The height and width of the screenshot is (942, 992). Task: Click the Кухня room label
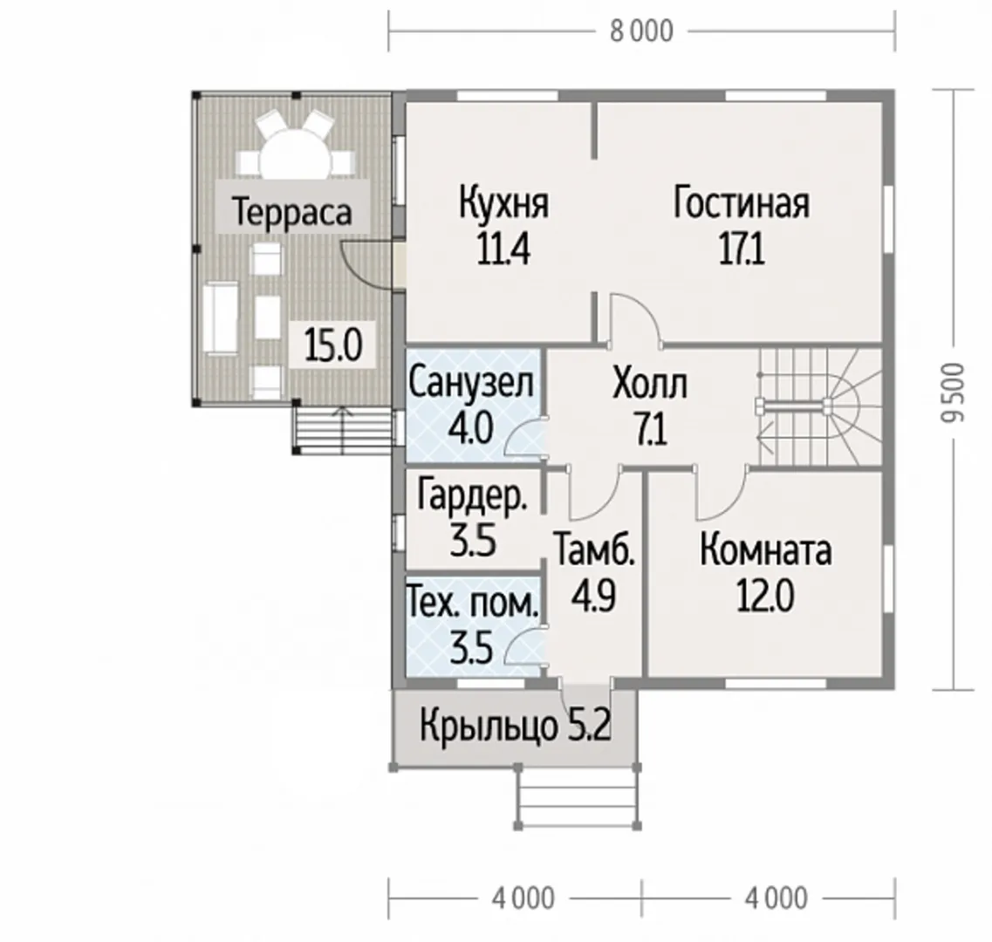(503, 203)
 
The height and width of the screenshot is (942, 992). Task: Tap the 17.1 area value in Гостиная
(742, 249)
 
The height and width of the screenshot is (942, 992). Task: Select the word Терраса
(291, 211)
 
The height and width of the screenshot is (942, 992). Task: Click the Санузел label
(471, 383)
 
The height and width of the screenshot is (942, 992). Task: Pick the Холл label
(650, 385)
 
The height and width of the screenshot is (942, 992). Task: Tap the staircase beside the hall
(820, 407)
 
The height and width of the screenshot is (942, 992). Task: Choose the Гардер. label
(472, 496)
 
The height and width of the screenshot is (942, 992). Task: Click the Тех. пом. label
(473, 604)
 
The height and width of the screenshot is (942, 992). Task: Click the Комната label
(765, 550)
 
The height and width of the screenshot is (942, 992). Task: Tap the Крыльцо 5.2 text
(515, 727)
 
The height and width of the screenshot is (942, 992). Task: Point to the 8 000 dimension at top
(641, 31)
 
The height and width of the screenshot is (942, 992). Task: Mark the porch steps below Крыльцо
(578, 797)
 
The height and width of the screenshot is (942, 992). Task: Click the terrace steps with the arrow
(342, 431)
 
